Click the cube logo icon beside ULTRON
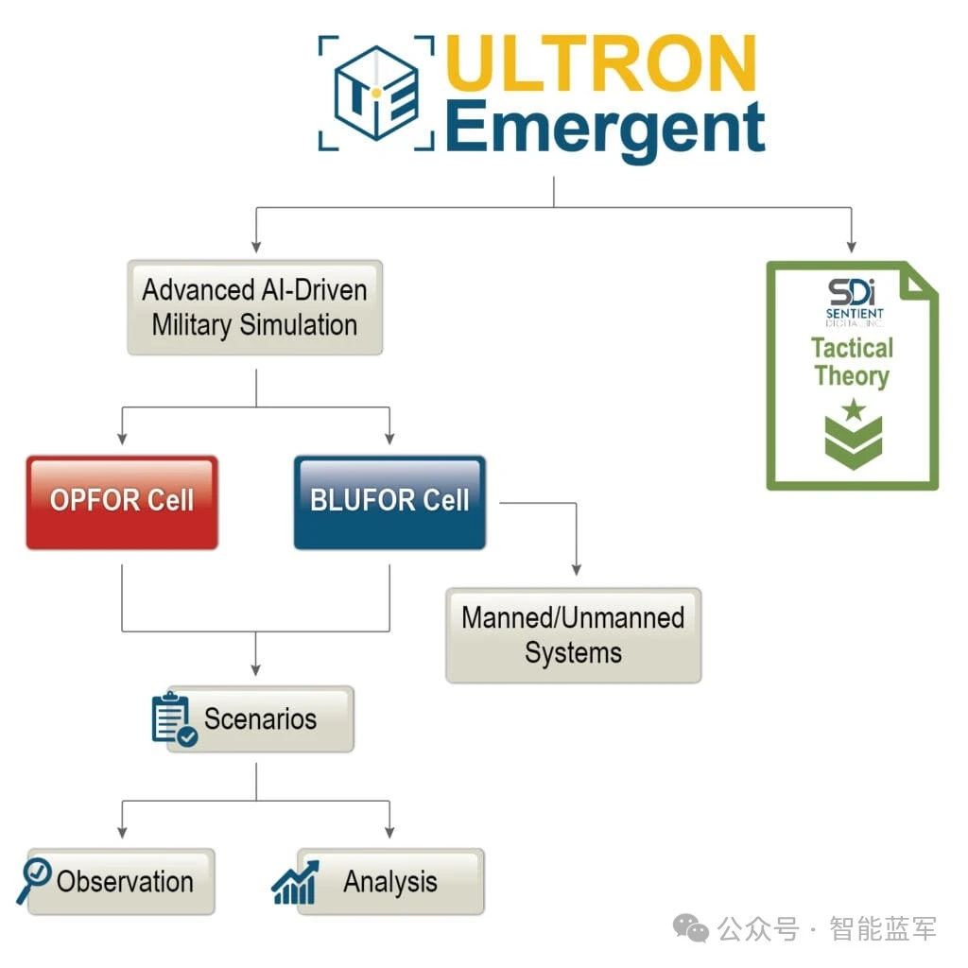(x=375, y=93)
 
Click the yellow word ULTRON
(x=601, y=64)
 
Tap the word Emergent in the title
(x=604, y=130)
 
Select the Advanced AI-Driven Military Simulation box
(x=254, y=307)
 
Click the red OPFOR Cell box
(x=122, y=501)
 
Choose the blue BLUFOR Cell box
(x=389, y=501)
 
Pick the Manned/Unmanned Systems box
(x=573, y=634)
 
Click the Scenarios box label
(x=261, y=718)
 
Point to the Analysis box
(x=390, y=881)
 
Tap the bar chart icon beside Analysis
(x=295, y=883)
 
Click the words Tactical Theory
(x=852, y=362)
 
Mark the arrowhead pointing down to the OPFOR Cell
(x=122, y=438)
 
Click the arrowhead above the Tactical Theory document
(x=852, y=245)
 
